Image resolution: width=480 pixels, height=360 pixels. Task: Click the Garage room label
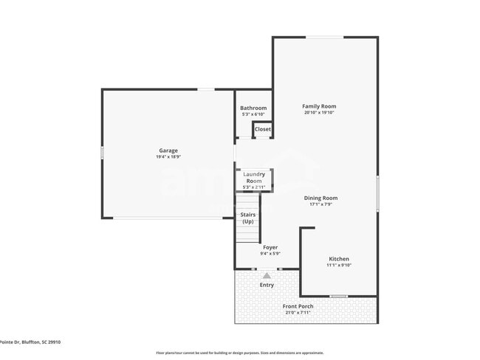tap(168, 150)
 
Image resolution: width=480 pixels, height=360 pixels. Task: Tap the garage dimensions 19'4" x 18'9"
tap(168, 157)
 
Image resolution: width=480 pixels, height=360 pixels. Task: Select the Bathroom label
tap(253, 108)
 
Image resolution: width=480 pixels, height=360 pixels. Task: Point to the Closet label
tap(262, 129)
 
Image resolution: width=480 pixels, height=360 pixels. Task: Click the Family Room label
tap(319, 106)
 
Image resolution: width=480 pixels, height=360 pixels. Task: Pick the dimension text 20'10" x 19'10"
tap(319, 113)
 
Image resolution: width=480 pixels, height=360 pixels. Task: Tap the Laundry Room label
tap(254, 177)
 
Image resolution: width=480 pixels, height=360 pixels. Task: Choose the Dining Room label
tap(320, 198)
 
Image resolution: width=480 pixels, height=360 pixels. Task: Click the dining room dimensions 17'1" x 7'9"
tap(320, 204)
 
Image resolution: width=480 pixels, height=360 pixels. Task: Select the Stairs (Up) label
tap(247, 218)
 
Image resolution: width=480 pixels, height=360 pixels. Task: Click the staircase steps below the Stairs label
tap(247, 234)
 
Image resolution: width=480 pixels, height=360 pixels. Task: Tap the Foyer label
tap(270, 247)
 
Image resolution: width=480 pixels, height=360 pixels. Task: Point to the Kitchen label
tap(339, 259)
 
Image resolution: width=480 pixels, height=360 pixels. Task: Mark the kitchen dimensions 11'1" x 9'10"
tap(339, 266)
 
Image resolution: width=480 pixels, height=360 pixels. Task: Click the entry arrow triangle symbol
tap(267, 275)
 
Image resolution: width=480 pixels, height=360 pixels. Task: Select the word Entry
tap(267, 285)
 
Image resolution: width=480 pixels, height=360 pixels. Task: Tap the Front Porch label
tap(298, 306)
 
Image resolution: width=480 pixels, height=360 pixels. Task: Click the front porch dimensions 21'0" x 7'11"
tap(298, 313)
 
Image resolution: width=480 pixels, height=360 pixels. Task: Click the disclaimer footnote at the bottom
tap(239, 353)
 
